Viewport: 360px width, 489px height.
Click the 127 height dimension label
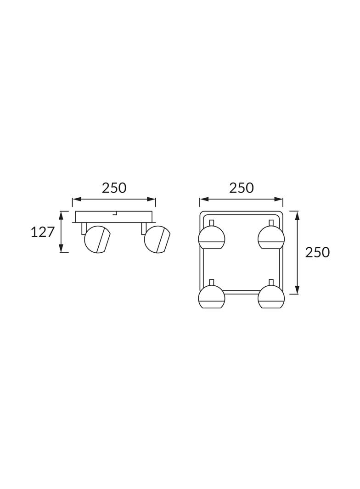42,232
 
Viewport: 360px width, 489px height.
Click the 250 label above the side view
114,188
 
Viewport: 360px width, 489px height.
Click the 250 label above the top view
242,188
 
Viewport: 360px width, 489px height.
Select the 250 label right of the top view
317,252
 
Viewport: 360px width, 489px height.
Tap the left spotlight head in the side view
97,239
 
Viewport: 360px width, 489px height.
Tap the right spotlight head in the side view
157,239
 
